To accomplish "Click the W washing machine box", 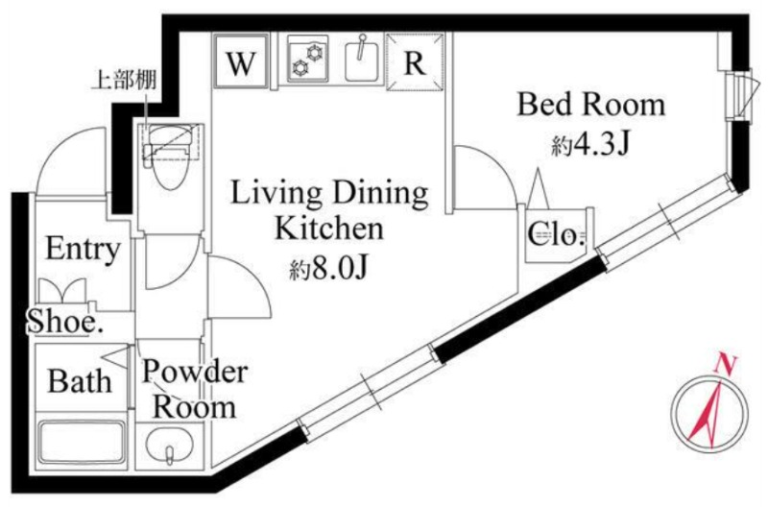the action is coord(241,60).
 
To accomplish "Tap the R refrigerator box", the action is coord(415,61).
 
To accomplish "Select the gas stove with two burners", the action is coord(307,59).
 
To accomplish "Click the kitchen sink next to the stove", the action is coord(362,60).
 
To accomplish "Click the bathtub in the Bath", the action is coord(82,442).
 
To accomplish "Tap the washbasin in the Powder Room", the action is coord(169,445).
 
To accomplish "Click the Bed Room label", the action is coord(591,105).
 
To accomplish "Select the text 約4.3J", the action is coord(590,144).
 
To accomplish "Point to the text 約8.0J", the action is coord(328,269).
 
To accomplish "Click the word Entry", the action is coord(83,249).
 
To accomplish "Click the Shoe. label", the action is coord(64,322).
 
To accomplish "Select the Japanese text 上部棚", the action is coord(125,81).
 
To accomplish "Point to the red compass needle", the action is coord(707,412).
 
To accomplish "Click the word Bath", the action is coord(80,381).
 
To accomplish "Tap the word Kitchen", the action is coord(328,229).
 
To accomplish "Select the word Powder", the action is coord(195,373).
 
